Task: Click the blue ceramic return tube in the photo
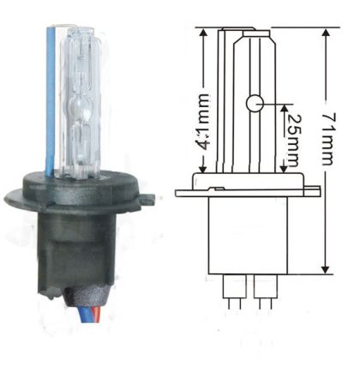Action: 50,103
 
